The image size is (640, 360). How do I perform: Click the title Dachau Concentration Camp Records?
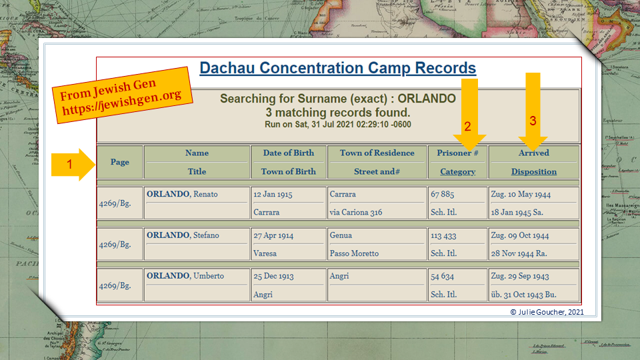(337, 68)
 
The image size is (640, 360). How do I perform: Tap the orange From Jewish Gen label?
(123, 95)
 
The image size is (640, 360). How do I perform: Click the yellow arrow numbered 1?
(73, 165)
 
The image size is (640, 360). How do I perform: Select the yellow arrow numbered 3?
(533, 112)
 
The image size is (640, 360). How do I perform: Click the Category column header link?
(457, 172)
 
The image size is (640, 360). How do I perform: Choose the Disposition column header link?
(534, 172)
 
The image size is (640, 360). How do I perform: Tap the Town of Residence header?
(377, 153)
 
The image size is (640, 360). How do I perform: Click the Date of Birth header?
(289, 153)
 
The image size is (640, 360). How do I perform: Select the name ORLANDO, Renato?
(182, 194)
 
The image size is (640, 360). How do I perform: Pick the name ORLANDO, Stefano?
(183, 235)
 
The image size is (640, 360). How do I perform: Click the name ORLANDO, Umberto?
(185, 276)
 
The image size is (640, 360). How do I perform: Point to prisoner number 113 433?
(443, 235)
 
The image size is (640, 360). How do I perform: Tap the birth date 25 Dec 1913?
(273, 276)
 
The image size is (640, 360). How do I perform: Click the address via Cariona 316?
(356, 212)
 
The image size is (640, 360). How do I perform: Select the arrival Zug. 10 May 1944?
(521, 194)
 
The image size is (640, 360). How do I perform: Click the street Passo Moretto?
(354, 253)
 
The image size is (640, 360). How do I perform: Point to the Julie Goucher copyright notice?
(547, 312)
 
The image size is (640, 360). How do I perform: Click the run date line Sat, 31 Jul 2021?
(338, 125)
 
